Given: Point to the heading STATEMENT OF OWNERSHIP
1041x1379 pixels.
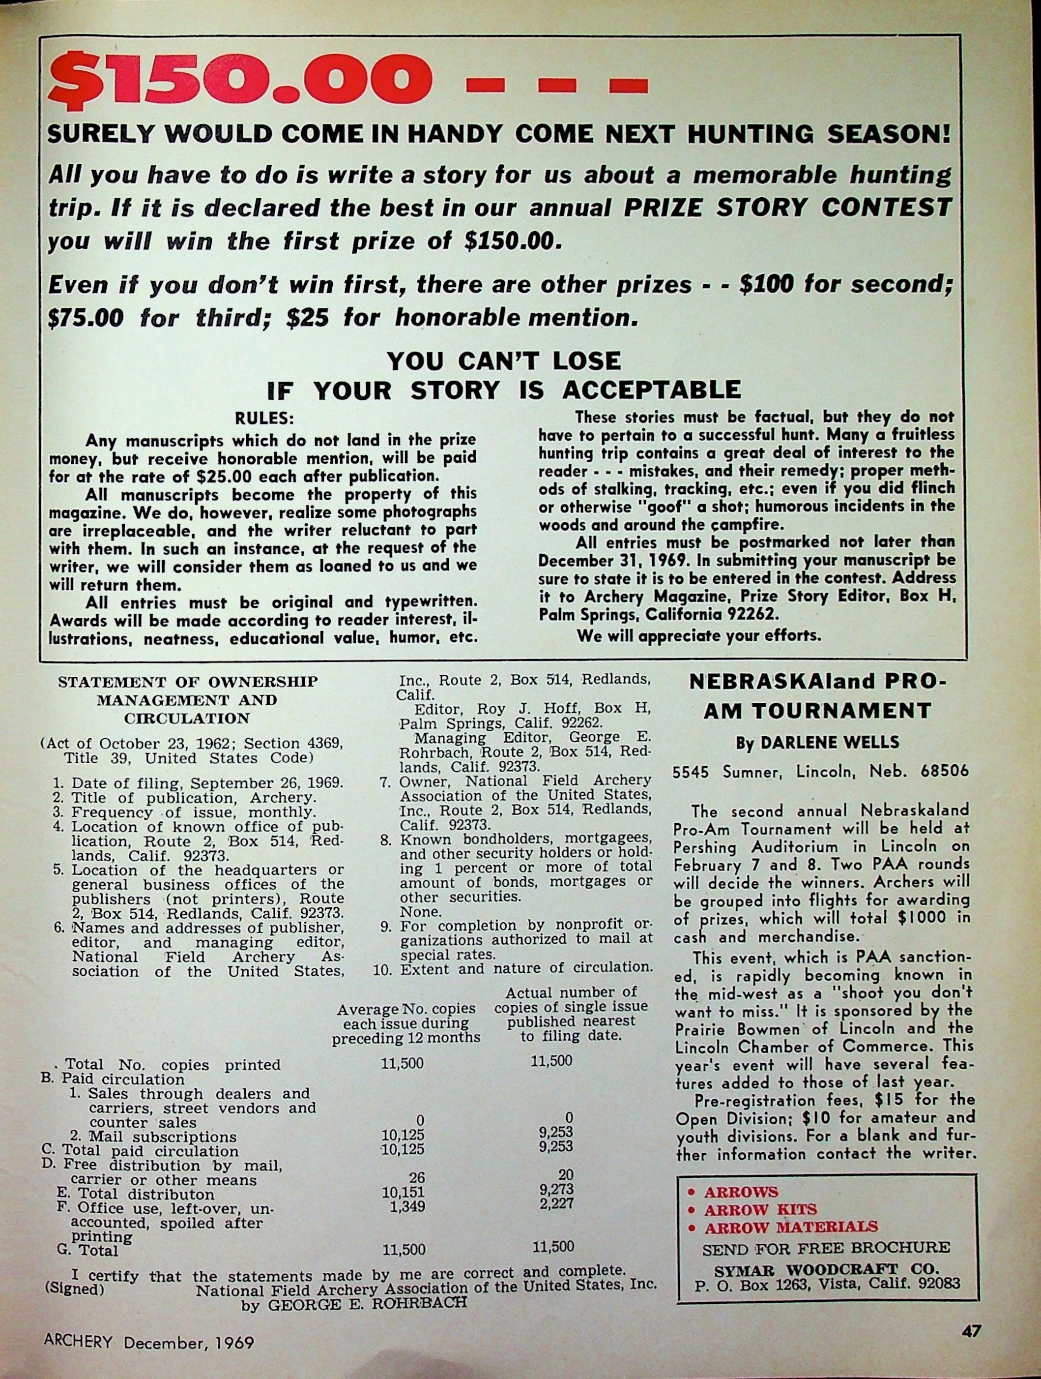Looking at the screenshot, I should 188,682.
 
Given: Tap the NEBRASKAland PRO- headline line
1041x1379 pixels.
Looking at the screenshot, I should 817,682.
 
